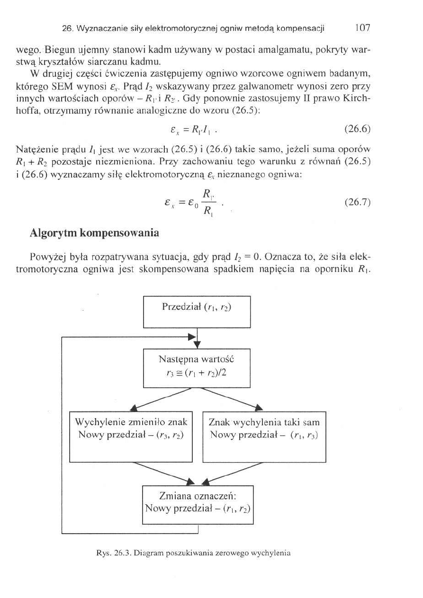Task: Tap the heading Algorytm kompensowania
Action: click(94, 233)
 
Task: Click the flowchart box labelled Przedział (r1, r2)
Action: click(197, 312)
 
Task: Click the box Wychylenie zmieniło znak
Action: click(131, 437)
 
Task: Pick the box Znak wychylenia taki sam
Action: click(264, 437)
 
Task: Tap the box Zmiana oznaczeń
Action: click(198, 505)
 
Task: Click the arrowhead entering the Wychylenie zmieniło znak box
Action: click(135, 409)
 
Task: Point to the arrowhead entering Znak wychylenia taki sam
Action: click(259, 408)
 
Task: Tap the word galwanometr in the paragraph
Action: click(266, 88)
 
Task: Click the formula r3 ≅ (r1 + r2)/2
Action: click(197, 372)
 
